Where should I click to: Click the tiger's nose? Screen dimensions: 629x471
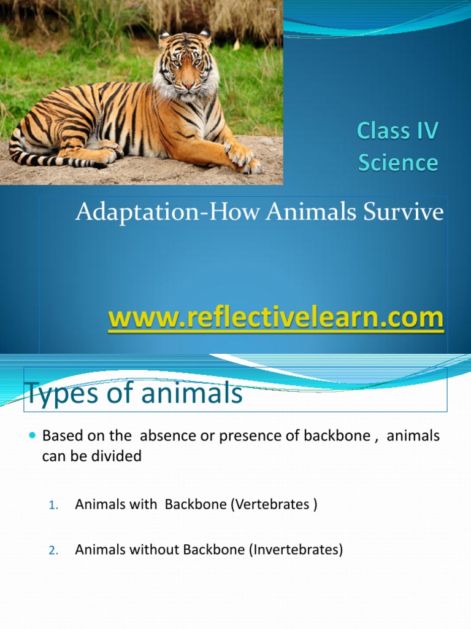(x=186, y=84)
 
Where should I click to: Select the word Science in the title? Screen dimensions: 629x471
(x=398, y=163)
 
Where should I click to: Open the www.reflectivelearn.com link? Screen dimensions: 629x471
(x=275, y=319)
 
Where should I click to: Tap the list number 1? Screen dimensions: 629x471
(x=53, y=506)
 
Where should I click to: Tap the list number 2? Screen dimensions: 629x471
(x=53, y=551)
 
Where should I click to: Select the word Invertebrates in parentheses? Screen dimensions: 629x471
(x=296, y=550)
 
